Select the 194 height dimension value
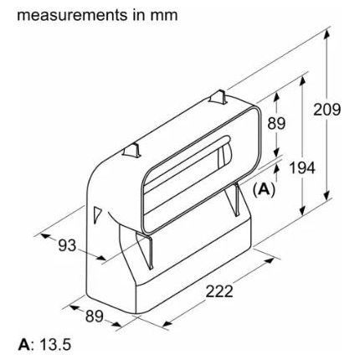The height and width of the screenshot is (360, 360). pos(302,168)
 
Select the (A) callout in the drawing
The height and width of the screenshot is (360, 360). pos(265,189)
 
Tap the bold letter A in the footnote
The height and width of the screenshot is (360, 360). pos(23,345)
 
